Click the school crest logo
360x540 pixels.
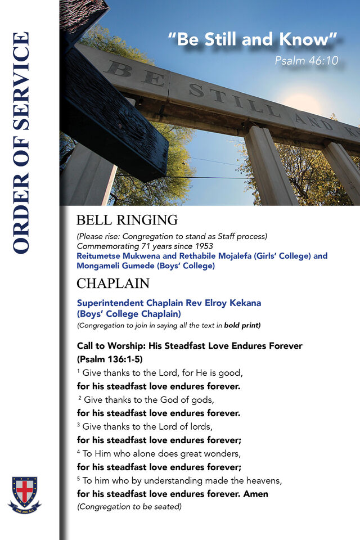coord(25,493)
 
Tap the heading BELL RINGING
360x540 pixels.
coord(127,220)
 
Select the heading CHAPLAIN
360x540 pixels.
coord(112,282)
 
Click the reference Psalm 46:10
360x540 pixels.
coord(307,60)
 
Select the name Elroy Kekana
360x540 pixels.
coord(235,303)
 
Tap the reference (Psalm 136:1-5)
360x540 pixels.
coord(110,359)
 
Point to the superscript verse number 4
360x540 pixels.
coord(79,451)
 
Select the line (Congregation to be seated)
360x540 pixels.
coord(129,507)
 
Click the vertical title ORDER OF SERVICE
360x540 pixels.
coord(21,143)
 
